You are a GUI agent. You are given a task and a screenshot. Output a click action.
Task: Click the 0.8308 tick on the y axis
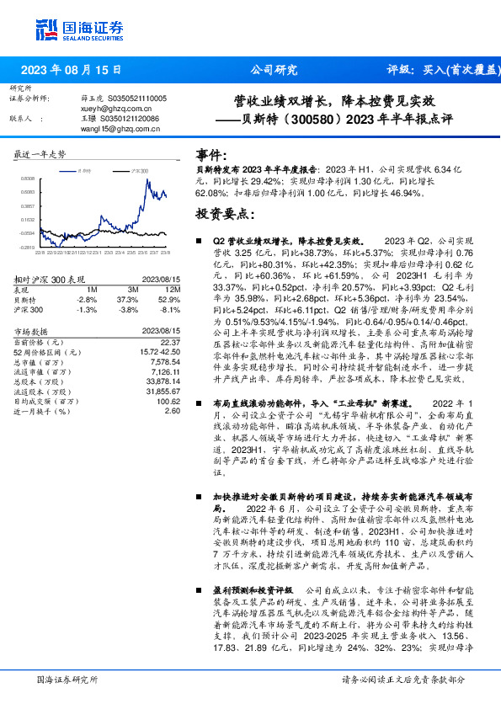pos(29,179)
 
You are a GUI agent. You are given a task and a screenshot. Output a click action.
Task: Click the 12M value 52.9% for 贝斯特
pos(169,300)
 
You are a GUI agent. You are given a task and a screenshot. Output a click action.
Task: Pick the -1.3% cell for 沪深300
pos(86,309)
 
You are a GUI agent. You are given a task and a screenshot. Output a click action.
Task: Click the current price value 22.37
pos(171,343)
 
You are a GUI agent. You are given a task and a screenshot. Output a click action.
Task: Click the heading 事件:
pos(211,155)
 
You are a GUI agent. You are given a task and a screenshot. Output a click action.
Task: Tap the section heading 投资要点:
pos(224,214)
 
